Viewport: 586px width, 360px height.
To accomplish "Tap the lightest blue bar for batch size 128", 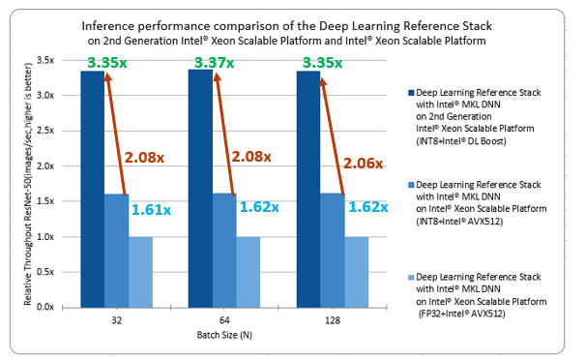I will [356, 271].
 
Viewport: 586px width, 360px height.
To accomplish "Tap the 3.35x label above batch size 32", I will [105, 64].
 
